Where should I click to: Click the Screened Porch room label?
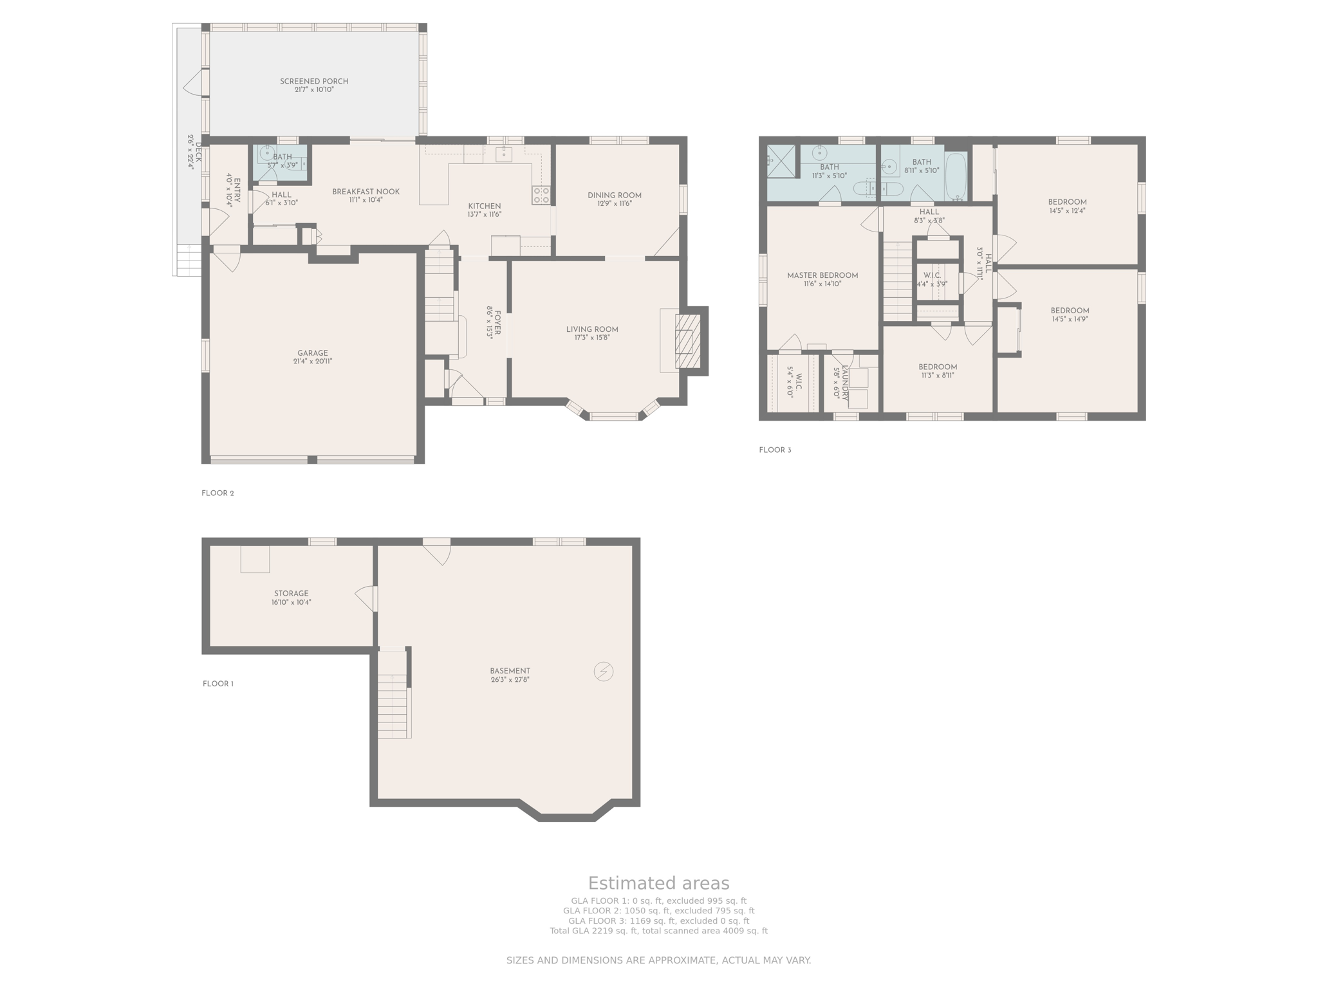click(314, 82)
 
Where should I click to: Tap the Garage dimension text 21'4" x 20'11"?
click(313, 361)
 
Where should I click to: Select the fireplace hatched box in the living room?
click(687, 341)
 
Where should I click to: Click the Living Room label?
click(592, 329)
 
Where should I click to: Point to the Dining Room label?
click(615, 196)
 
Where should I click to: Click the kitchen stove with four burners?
click(541, 195)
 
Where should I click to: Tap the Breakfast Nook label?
click(366, 192)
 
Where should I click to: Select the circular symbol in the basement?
click(604, 672)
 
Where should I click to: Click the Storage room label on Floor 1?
click(292, 594)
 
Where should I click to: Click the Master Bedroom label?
click(822, 275)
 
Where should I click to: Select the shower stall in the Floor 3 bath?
click(781, 161)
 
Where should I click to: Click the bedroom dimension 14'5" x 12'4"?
click(1067, 210)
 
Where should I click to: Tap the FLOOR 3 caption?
click(775, 450)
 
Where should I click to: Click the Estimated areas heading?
click(658, 883)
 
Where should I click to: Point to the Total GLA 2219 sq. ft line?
click(658, 931)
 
